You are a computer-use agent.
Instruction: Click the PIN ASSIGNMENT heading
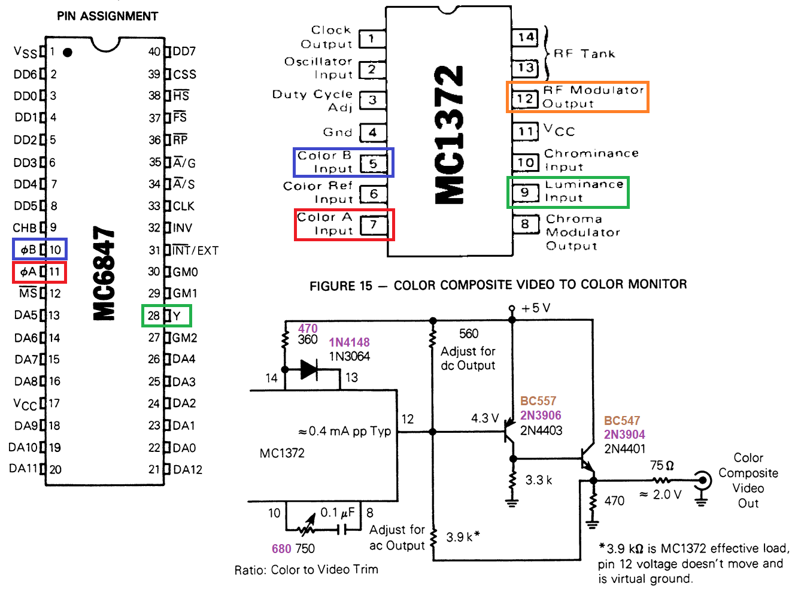108,16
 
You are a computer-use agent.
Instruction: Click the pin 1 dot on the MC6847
68,53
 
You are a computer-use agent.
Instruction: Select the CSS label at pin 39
184,74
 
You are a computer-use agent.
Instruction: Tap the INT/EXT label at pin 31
196,250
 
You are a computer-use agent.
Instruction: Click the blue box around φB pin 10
40,249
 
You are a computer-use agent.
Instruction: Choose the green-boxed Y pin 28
166,315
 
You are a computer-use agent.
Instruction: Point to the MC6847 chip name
104,273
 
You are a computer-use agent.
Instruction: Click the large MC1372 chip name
449,135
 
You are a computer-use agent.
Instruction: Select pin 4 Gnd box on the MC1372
372,132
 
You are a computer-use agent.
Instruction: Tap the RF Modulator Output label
593,97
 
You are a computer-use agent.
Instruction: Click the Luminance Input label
584,191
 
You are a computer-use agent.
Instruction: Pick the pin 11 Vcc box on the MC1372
526,131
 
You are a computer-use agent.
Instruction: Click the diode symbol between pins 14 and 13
309,369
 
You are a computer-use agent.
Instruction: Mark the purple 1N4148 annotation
349,342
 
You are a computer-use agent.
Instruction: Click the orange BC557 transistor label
538,401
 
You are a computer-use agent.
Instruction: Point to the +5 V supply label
535,308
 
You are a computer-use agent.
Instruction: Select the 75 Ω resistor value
662,466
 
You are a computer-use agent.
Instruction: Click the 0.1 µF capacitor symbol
341,530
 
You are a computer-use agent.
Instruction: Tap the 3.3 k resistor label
539,480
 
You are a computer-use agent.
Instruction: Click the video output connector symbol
702,480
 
